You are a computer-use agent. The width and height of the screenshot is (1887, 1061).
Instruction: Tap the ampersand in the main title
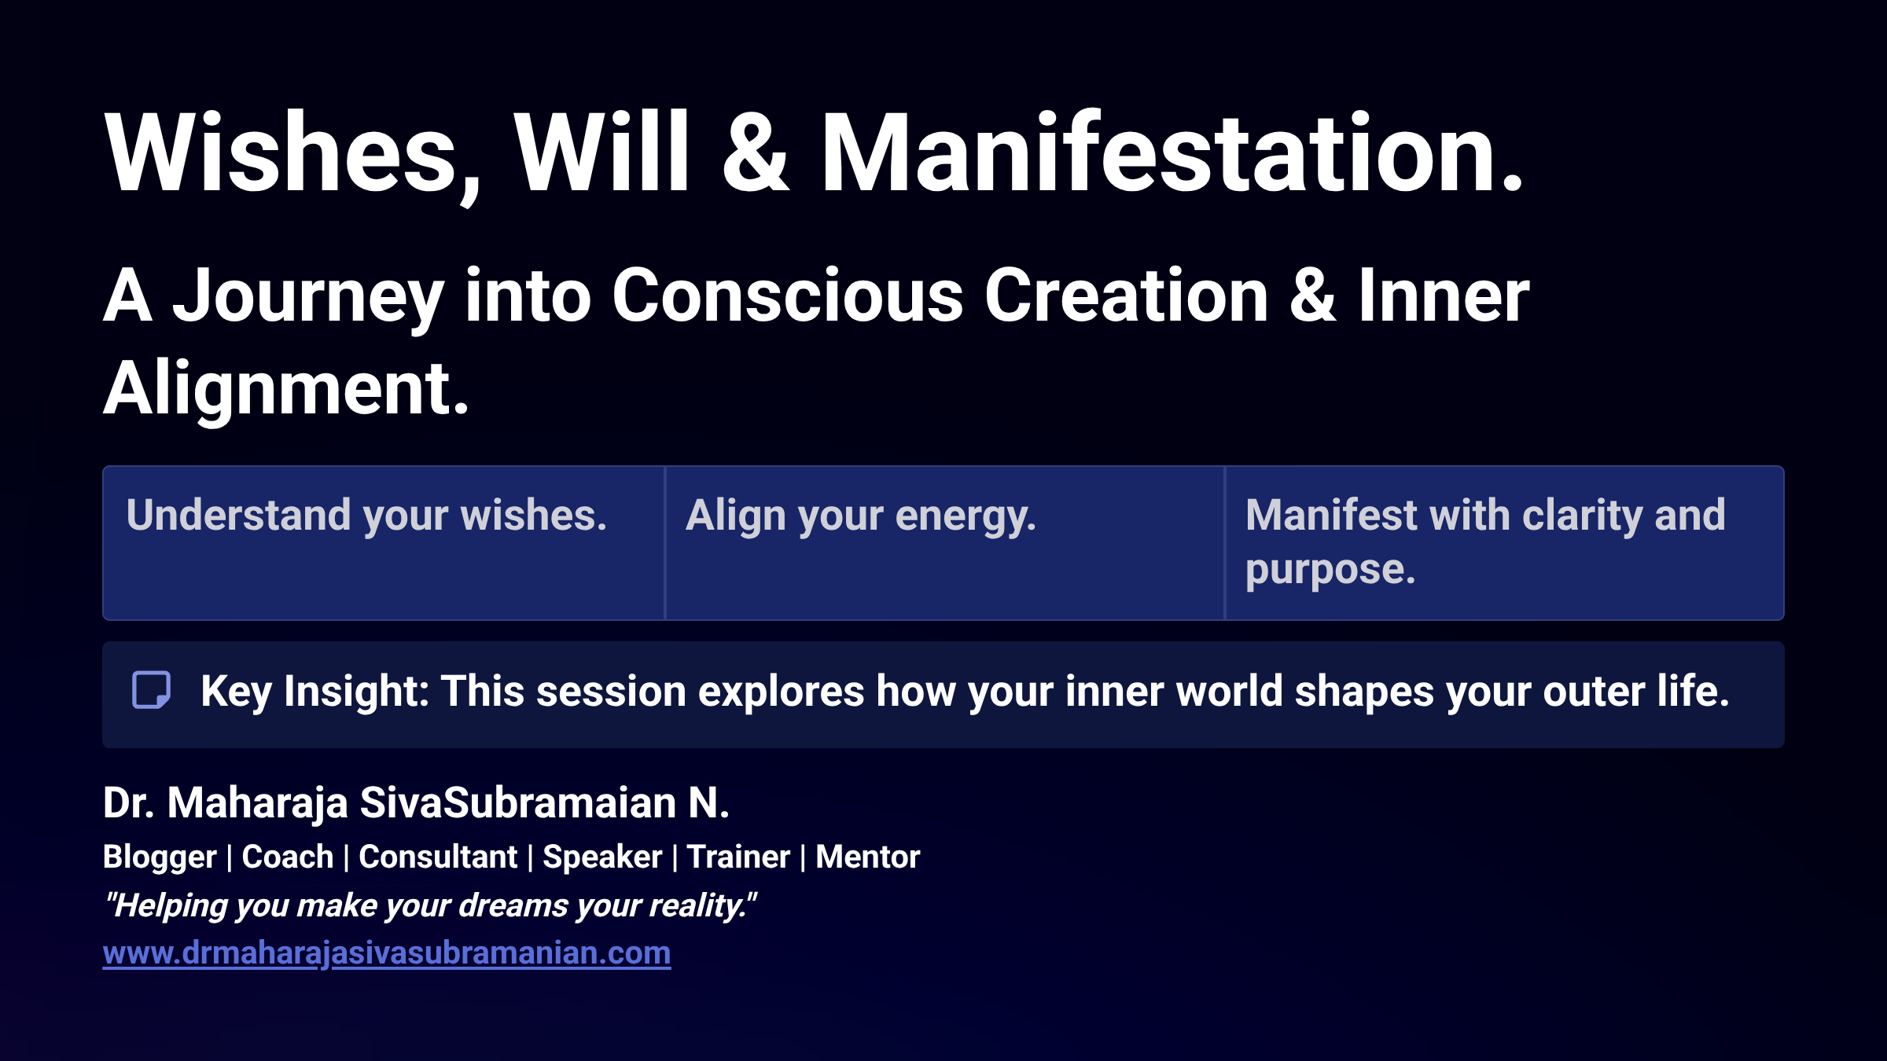(x=755, y=153)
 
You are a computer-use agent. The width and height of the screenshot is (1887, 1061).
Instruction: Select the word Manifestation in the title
(x=1172, y=153)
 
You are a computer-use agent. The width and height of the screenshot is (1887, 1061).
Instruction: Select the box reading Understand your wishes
(x=384, y=542)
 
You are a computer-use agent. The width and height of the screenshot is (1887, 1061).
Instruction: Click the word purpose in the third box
(x=1330, y=569)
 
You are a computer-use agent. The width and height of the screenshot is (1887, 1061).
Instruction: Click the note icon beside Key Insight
(x=151, y=691)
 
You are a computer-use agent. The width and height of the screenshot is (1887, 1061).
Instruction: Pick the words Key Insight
(x=314, y=692)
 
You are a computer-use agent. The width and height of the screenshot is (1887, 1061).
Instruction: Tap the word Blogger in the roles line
(x=160, y=857)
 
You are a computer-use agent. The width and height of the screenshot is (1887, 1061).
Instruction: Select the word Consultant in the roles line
(x=438, y=857)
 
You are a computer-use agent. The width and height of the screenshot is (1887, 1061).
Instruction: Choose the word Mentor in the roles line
(x=867, y=857)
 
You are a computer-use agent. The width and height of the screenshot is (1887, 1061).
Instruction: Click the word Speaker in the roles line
(x=602, y=857)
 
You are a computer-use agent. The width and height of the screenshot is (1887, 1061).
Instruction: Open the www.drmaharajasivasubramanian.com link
(x=387, y=953)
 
